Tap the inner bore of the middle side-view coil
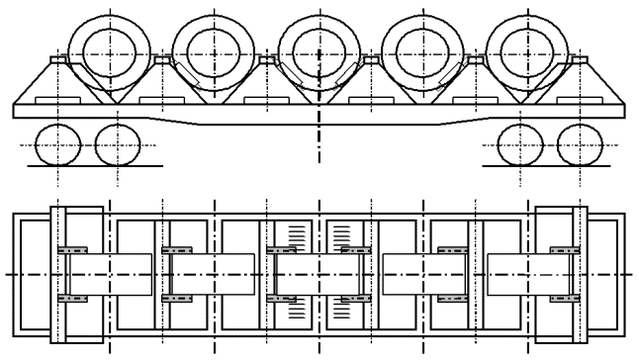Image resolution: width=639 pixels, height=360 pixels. (318, 52)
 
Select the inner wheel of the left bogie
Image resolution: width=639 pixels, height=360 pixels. (117, 146)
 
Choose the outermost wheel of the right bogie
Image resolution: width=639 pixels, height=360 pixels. (581, 146)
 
